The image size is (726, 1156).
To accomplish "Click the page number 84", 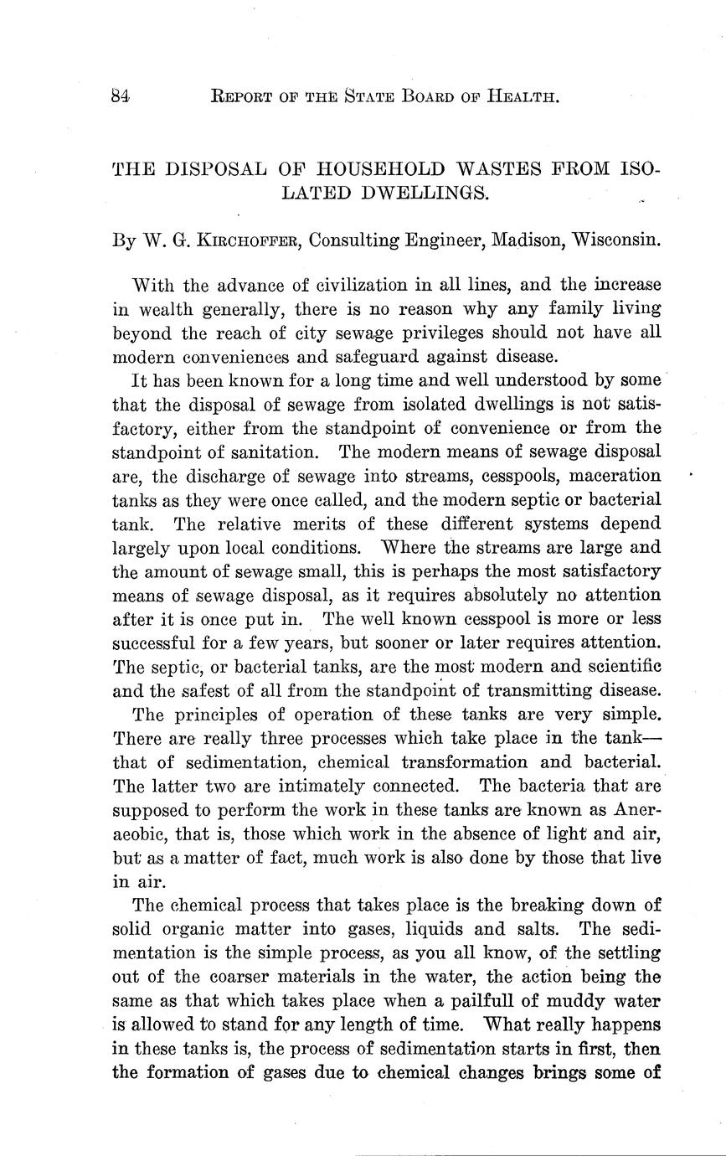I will (x=121, y=96).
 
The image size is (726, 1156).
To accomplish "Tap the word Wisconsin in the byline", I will (x=616, y=240).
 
